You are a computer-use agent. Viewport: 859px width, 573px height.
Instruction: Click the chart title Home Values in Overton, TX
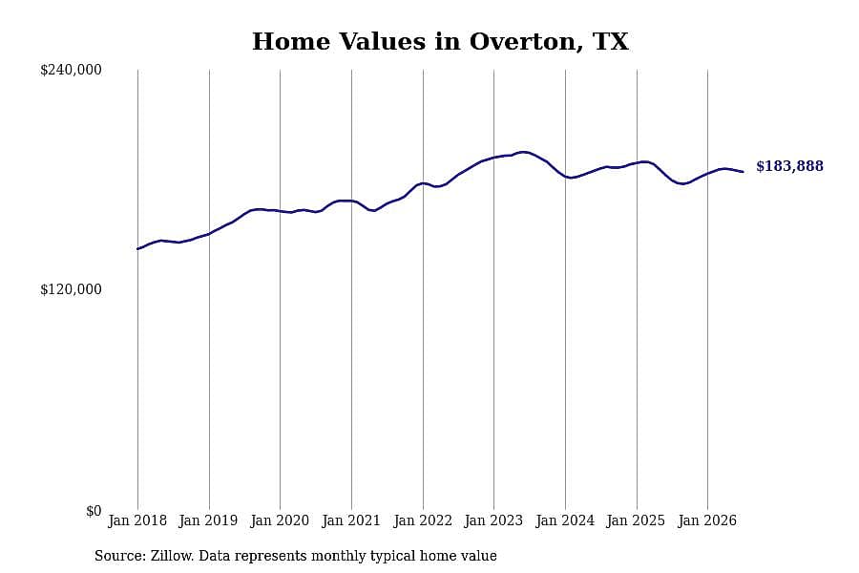(440, 42)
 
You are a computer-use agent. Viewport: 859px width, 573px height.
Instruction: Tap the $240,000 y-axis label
(71, 70)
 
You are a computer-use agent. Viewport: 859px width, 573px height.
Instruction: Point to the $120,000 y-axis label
(71, 289)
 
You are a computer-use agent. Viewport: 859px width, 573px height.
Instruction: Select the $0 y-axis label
(94, 511)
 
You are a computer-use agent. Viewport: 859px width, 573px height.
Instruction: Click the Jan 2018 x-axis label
(137, 520)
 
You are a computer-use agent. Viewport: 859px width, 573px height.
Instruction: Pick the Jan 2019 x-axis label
(208, 520)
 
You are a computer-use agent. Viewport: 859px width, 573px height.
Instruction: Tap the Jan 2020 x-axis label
(280, 520)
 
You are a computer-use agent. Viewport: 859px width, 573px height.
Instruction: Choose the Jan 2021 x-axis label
(350, 520)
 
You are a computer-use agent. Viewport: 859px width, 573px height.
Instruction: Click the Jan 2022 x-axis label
(423, 520)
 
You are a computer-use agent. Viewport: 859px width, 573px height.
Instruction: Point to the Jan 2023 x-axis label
(493, 520)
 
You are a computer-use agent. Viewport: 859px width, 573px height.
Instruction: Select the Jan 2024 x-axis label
(565, 520)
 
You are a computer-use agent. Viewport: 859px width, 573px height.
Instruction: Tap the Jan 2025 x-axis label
(636, 520)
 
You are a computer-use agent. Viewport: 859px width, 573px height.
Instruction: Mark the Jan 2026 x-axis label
(707, 520)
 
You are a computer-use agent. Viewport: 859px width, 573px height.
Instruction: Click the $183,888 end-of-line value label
(789, 166)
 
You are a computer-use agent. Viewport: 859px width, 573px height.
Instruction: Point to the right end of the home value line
(743, 172)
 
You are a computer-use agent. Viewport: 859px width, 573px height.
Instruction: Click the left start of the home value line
(137, 249)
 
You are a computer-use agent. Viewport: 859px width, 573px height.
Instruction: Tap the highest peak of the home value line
(524, 152)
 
